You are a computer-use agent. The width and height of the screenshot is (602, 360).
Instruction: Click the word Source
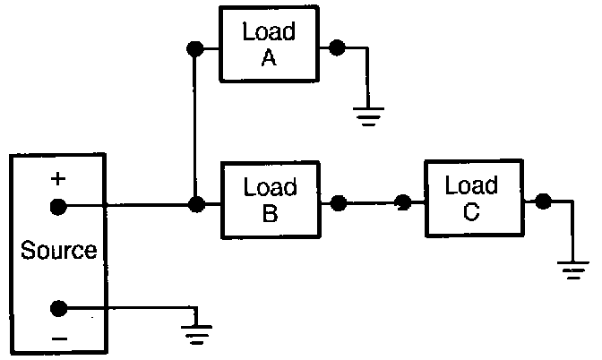coord(59,250)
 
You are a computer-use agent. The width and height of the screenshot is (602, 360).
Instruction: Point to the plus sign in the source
coord(58,179)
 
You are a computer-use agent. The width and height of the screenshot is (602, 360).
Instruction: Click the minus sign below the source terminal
coord(58,339)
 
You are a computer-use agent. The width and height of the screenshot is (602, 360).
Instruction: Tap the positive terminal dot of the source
coord(58,207)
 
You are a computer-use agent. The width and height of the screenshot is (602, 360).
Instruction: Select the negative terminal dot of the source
coord(58,309)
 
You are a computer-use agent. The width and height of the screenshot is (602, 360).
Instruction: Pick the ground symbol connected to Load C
coord(571,268)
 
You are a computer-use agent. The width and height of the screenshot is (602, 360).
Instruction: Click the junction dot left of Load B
coord(194,206)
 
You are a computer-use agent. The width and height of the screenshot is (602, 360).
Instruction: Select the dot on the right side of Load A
coord(337,47)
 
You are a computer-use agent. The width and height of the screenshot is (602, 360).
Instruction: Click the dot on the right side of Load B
coord(338,204)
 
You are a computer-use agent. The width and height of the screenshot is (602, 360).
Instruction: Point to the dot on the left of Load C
coord(404,203)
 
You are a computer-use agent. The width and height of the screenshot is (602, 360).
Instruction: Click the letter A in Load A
coord(270,61)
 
